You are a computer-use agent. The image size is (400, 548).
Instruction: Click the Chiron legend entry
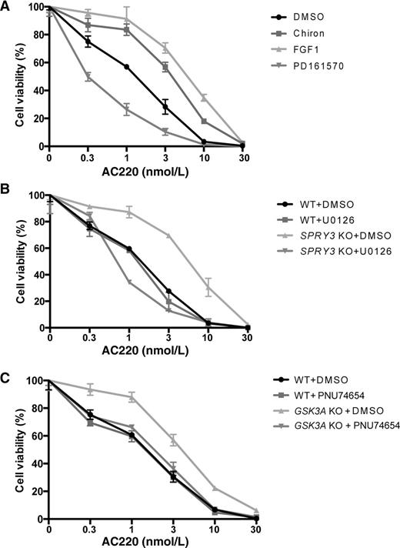pyautogui.click(x=298, y=33)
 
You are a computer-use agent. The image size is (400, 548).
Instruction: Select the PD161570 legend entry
pyautogui.click(x=308, y=65)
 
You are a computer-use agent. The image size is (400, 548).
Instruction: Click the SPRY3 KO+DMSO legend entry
pyautogui.click(x=334, y=236)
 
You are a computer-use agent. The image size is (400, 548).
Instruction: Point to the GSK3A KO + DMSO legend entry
pyautogui.click(x=328, y=410)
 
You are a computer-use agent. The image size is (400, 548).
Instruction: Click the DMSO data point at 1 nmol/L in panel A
pyautogui.click(x=126, y=67)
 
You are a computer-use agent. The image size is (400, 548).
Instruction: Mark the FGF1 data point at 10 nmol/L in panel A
pyautogui.click(x=204, y=99)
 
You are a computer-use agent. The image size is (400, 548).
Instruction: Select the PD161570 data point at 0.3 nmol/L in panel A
pyautogui.click(x=88, y=77)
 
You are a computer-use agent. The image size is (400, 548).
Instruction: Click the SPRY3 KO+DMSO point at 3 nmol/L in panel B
pyautogui.click(x=168, y=236)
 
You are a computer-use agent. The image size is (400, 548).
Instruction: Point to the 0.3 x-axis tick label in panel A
pyautogui.click(x=88, y=158)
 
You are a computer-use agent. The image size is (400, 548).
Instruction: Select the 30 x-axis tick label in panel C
pyautogui.click(x=255, y=530)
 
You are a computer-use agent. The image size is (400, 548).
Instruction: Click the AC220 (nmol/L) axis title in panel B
pyautogui.click(x=145, y=350)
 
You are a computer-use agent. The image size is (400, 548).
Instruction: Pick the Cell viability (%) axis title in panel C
pyautogui.click(x=21, y=449)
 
